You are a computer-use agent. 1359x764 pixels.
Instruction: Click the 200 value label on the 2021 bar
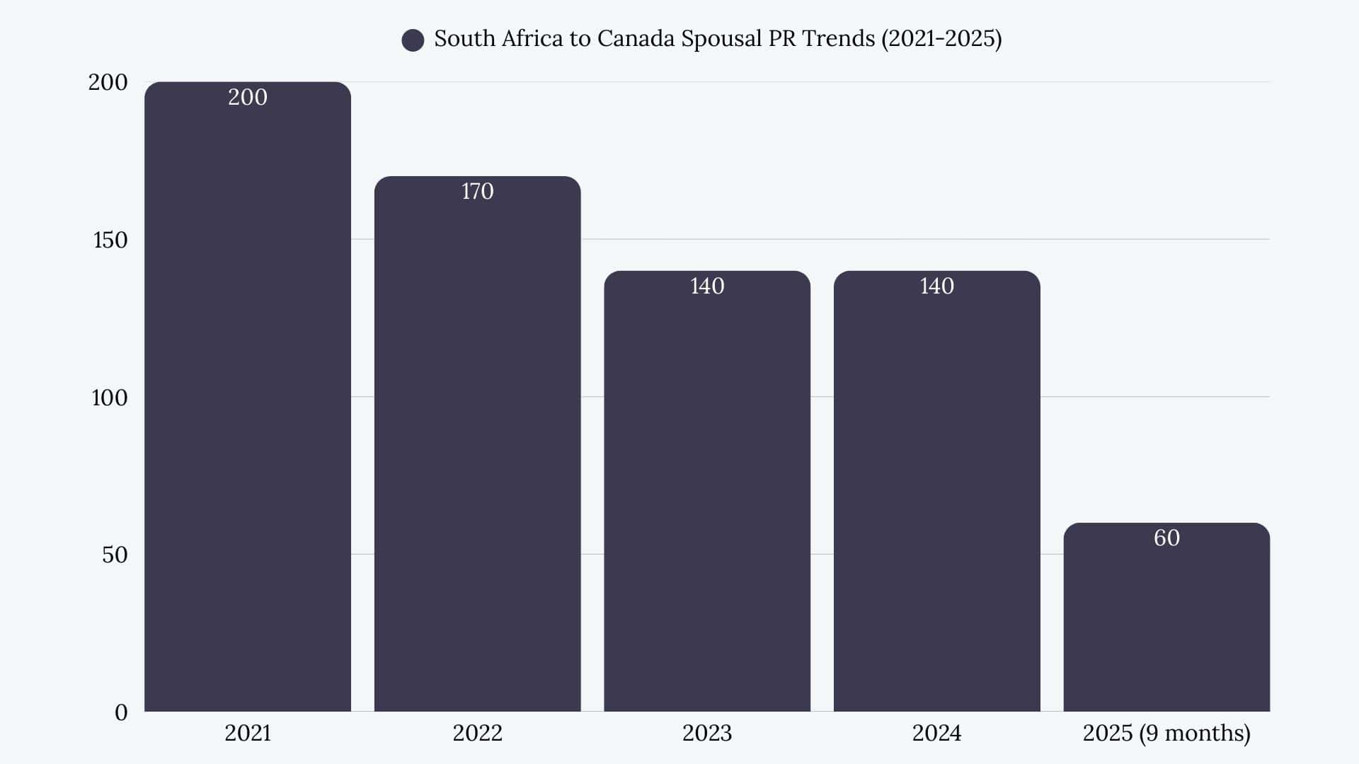point(248,97)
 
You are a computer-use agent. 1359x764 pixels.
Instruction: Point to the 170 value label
point(477,191)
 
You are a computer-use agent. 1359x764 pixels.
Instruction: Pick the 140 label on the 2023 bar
point(707,286)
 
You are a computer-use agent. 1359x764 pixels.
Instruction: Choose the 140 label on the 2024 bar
point(936,286)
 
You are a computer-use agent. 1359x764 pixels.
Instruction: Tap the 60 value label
point(1166,538)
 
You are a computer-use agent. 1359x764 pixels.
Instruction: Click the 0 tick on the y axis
point(121,712)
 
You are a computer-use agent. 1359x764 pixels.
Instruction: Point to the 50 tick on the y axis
point(115,555)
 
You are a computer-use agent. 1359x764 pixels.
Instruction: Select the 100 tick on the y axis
point(110,398)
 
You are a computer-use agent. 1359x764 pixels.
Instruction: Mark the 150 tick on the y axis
point(110,240)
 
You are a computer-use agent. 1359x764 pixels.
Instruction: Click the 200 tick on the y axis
point(108,82)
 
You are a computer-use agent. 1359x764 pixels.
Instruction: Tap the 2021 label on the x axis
point(248,733)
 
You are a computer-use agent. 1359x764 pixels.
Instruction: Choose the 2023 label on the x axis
point(707,733)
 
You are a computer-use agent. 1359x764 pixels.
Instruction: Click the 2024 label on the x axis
point(936,733)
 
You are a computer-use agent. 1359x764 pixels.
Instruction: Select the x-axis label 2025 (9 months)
point(1166,733)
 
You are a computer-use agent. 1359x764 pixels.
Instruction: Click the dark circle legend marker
point(413,40)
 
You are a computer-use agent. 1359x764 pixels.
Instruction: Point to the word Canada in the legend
point(635,38)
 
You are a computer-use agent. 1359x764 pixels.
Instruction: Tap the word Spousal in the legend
point(716,38)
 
